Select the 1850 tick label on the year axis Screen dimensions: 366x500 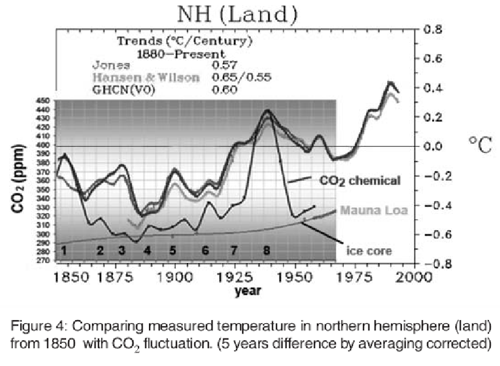pyautogui.click(x=67, y=277)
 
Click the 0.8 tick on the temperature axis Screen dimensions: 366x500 pyautogui.click(x=433, y=29)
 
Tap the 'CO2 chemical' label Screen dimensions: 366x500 pyautogui.click(x=360, y=181)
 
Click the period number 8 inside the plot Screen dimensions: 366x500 pyautogui.click(x=267, y=250)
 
